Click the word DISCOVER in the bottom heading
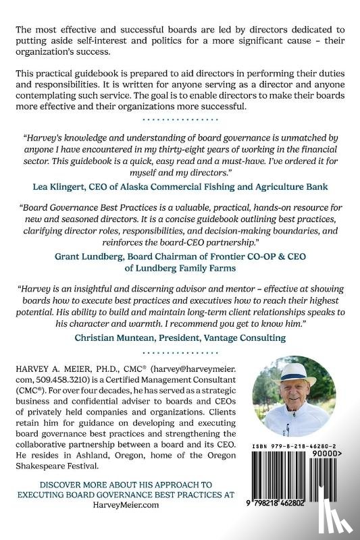point(62,485)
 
